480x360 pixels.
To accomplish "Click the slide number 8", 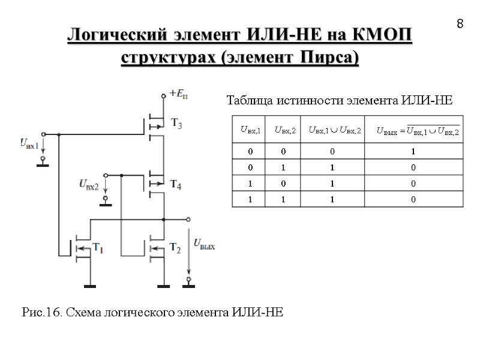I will coord(460,24).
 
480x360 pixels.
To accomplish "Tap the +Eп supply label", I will coord(179,94).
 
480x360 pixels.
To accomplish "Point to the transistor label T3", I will coord(177,124).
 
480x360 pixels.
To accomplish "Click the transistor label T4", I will coord(176,184).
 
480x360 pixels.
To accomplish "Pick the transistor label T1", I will coord(98,247).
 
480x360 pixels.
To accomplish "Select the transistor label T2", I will coord(175,247).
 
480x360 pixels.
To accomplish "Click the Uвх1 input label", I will coord(29,143).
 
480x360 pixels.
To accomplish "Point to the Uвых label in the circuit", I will coord(204,244).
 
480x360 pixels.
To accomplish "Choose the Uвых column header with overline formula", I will coord(418,130).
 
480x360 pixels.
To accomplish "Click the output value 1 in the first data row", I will coord(413,151).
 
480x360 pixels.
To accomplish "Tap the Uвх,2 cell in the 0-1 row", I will coord(285,167).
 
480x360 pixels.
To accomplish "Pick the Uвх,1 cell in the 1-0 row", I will coord(250,184).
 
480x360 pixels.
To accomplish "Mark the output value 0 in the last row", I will coord(413,200).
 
